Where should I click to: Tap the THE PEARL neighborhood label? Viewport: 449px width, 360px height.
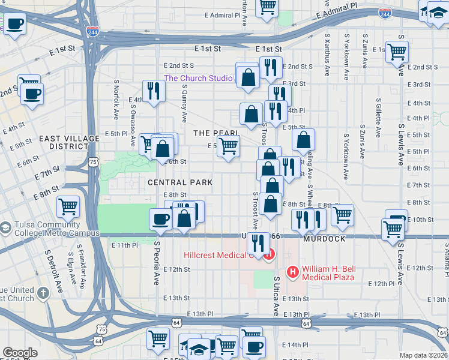tap(216, 133)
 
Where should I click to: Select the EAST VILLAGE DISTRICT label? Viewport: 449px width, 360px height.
tap(69, 142)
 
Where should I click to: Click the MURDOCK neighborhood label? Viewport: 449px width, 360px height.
tap(324, 239)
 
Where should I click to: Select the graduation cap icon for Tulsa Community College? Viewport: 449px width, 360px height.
tap(5, 228)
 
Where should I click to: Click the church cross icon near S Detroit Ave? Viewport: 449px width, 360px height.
tap(42, 293)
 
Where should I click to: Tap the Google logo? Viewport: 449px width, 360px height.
tap(20, 353)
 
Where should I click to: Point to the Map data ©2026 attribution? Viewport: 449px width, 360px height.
tap(424, 355)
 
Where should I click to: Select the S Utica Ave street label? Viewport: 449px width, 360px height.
tap(277, 296)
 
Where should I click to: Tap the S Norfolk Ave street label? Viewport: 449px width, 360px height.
tap(116, 97)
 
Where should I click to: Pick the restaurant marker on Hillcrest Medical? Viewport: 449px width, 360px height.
tap(258, 243)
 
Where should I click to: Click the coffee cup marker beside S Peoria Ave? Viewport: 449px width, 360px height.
tap(160, 219)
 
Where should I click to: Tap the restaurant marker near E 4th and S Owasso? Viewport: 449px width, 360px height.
tap(153, 91)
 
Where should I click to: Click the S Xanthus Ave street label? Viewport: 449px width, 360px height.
tap(328, 57)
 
